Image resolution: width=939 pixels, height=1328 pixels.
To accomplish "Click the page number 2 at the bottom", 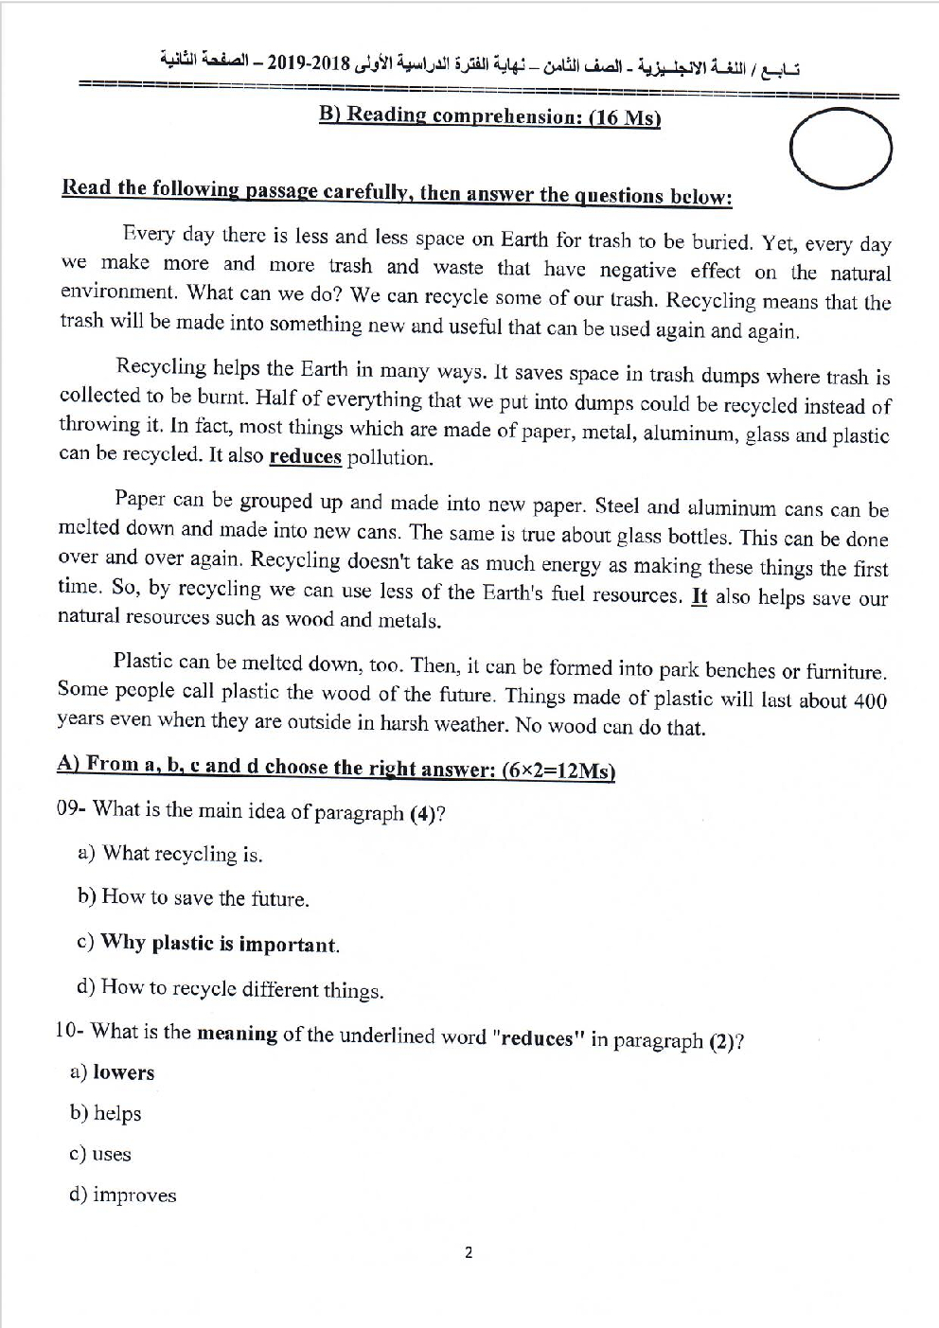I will [x=469, y=1253].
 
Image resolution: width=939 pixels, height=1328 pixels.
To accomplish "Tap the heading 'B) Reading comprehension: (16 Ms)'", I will [x=489, y=116].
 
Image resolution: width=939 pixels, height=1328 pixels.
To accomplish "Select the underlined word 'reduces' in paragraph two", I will [x=305, y=457].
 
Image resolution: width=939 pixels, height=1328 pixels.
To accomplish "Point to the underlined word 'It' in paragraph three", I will [x=700, y=597].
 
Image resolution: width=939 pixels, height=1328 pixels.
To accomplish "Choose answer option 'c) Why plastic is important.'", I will [x=207, y=944].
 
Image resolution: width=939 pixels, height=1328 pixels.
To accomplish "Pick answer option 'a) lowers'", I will [x=112, y=1072].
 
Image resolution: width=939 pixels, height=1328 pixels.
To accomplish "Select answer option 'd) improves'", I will [x=122, y=1195].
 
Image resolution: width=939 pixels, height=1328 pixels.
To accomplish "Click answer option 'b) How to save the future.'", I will [x=193, y=897].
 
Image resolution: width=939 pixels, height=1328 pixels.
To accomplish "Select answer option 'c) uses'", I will [x=100, y=1154].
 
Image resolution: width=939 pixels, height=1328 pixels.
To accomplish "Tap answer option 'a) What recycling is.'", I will [x=169, y=854].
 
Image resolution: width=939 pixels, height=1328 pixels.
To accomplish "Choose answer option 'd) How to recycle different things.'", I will [x=230, y=989].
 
